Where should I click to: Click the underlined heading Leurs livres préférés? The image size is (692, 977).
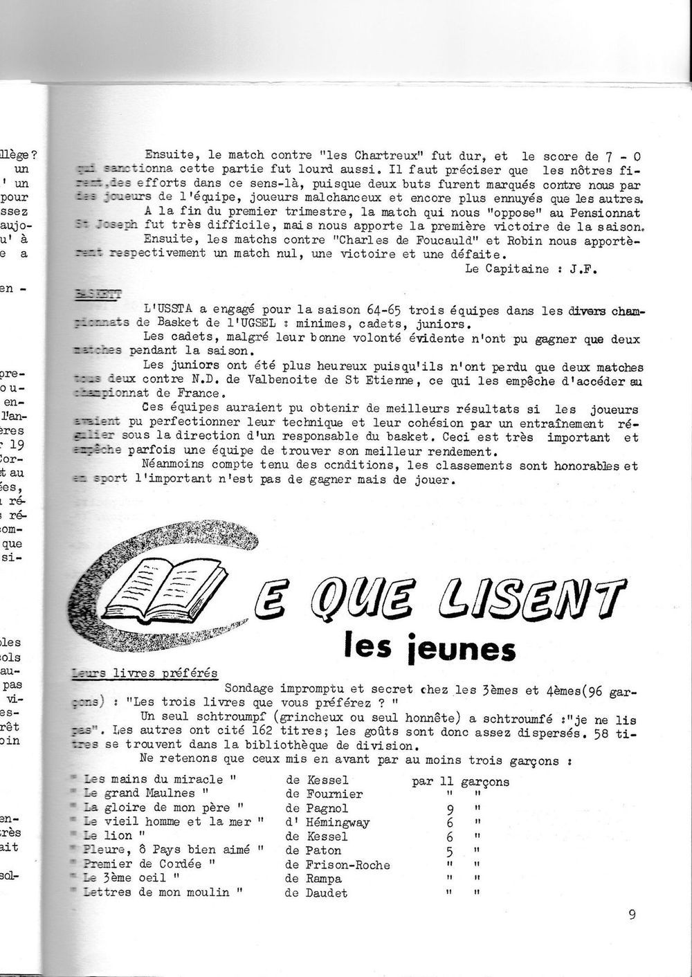coord(145,674)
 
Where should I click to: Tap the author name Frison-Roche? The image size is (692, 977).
coord(347,865)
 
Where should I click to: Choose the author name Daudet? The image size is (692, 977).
coord(327,893)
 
